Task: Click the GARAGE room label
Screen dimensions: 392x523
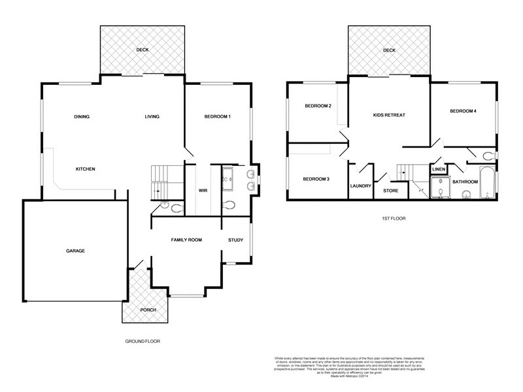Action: click(x=75, y=251)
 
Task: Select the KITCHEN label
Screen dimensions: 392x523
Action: click(x=86, y=169)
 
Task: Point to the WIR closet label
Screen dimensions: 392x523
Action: click(x=203, y=191)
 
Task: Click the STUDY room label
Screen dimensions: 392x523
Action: click(x=235, y=240)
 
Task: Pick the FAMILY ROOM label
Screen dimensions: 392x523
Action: click(x=186, y=240)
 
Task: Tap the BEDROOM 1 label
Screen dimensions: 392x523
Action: click(x=218, y=117)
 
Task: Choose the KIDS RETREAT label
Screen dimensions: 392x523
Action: click(x=390, y=115)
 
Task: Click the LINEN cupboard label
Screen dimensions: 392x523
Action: click(x=439, y=169)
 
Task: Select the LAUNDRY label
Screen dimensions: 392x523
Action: click(x=361, y=186)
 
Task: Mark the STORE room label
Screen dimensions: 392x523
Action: click(x=391, y=191)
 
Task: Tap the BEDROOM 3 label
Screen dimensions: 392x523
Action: click(x=316, y=179)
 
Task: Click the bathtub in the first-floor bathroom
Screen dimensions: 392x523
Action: click(x=487, y=183)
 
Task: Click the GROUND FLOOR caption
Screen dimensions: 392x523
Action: click(x=142, y=341)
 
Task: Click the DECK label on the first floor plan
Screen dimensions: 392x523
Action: click(x=390, y=50)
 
